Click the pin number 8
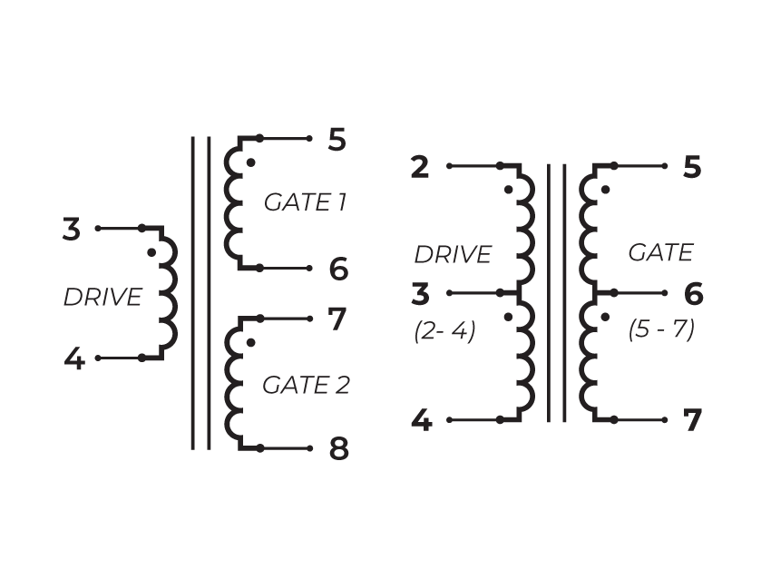coord(337,449)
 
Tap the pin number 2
coord(419,168)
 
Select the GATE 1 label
coord(305,201)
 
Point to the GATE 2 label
coord(306,385)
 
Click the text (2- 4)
coord(444,331)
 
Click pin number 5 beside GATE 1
coord(337,140)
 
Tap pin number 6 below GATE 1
coord(338,270)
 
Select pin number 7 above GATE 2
coord(337,319)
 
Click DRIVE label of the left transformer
coord(102,297)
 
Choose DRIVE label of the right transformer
coord(453,255)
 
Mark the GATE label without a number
coord(660,252)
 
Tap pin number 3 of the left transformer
coord(72,230)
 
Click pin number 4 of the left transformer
coord(74,360)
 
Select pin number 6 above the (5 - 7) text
coord(693,294)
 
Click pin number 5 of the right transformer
coord(692,168)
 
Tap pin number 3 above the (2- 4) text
coord(420,295)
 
